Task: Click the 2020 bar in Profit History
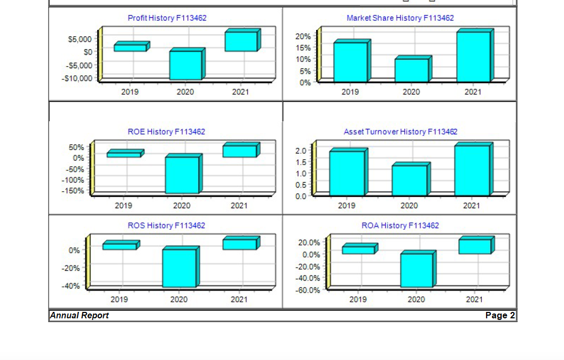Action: pyautogui.click(x=185, y=65)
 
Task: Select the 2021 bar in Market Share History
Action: pyautogui.click(x=473, y=57)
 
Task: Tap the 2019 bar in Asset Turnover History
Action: pyautogui.click(x=347, y=173)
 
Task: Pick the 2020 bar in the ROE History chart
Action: pyautogui.click(x=182, y=175)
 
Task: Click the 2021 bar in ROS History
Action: pyautogui.click(x=240, y=244)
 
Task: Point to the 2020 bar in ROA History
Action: pyautogui.click(x=417, y=270)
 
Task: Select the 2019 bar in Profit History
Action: pyautogui.click(x=130, y=48)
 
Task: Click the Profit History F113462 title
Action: pyautogui.click(x=167, y=18)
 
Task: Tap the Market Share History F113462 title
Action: pyautogui.click(x=400, y=18)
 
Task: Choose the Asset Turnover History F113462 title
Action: pyautogui.click(x=401, y=131)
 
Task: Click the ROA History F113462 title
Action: pyautogui.click(x=400, y=225)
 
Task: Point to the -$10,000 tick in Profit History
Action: pyautogui.click(x=77, y=79)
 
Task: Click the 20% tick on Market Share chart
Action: pyautogui.click(x=303, y=36)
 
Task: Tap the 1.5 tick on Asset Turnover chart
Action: pyautogui.click(x=301, y=162)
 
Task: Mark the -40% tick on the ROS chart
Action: pyautogui.click(x=71, y=286)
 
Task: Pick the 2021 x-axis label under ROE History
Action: pyautogui.click(x=239, y=206)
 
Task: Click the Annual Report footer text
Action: pyautogui.click(x=80, y=316)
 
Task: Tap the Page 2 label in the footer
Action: pyautogui.click(x=500, y=316)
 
